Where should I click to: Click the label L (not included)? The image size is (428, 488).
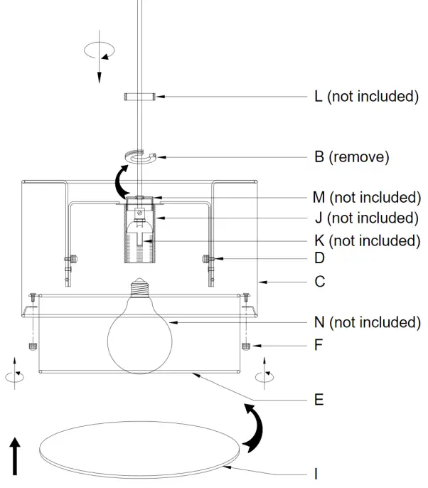365,97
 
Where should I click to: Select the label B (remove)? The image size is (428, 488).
351,157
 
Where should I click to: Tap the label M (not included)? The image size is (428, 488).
367,197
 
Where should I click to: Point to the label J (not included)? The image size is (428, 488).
366,218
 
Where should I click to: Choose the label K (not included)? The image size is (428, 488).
367,240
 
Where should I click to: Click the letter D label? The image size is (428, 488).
320,260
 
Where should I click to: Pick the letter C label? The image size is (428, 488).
320,282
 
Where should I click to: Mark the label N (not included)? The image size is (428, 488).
367,322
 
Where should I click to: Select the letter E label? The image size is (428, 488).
319,400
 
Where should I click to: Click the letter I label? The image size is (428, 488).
316,472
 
